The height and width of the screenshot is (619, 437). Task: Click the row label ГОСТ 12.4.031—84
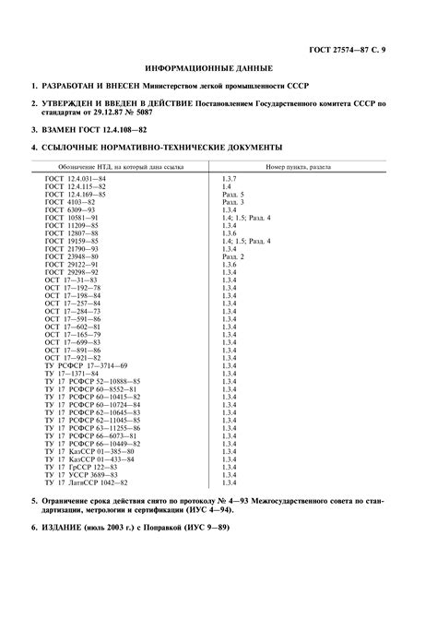(77, 176)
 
